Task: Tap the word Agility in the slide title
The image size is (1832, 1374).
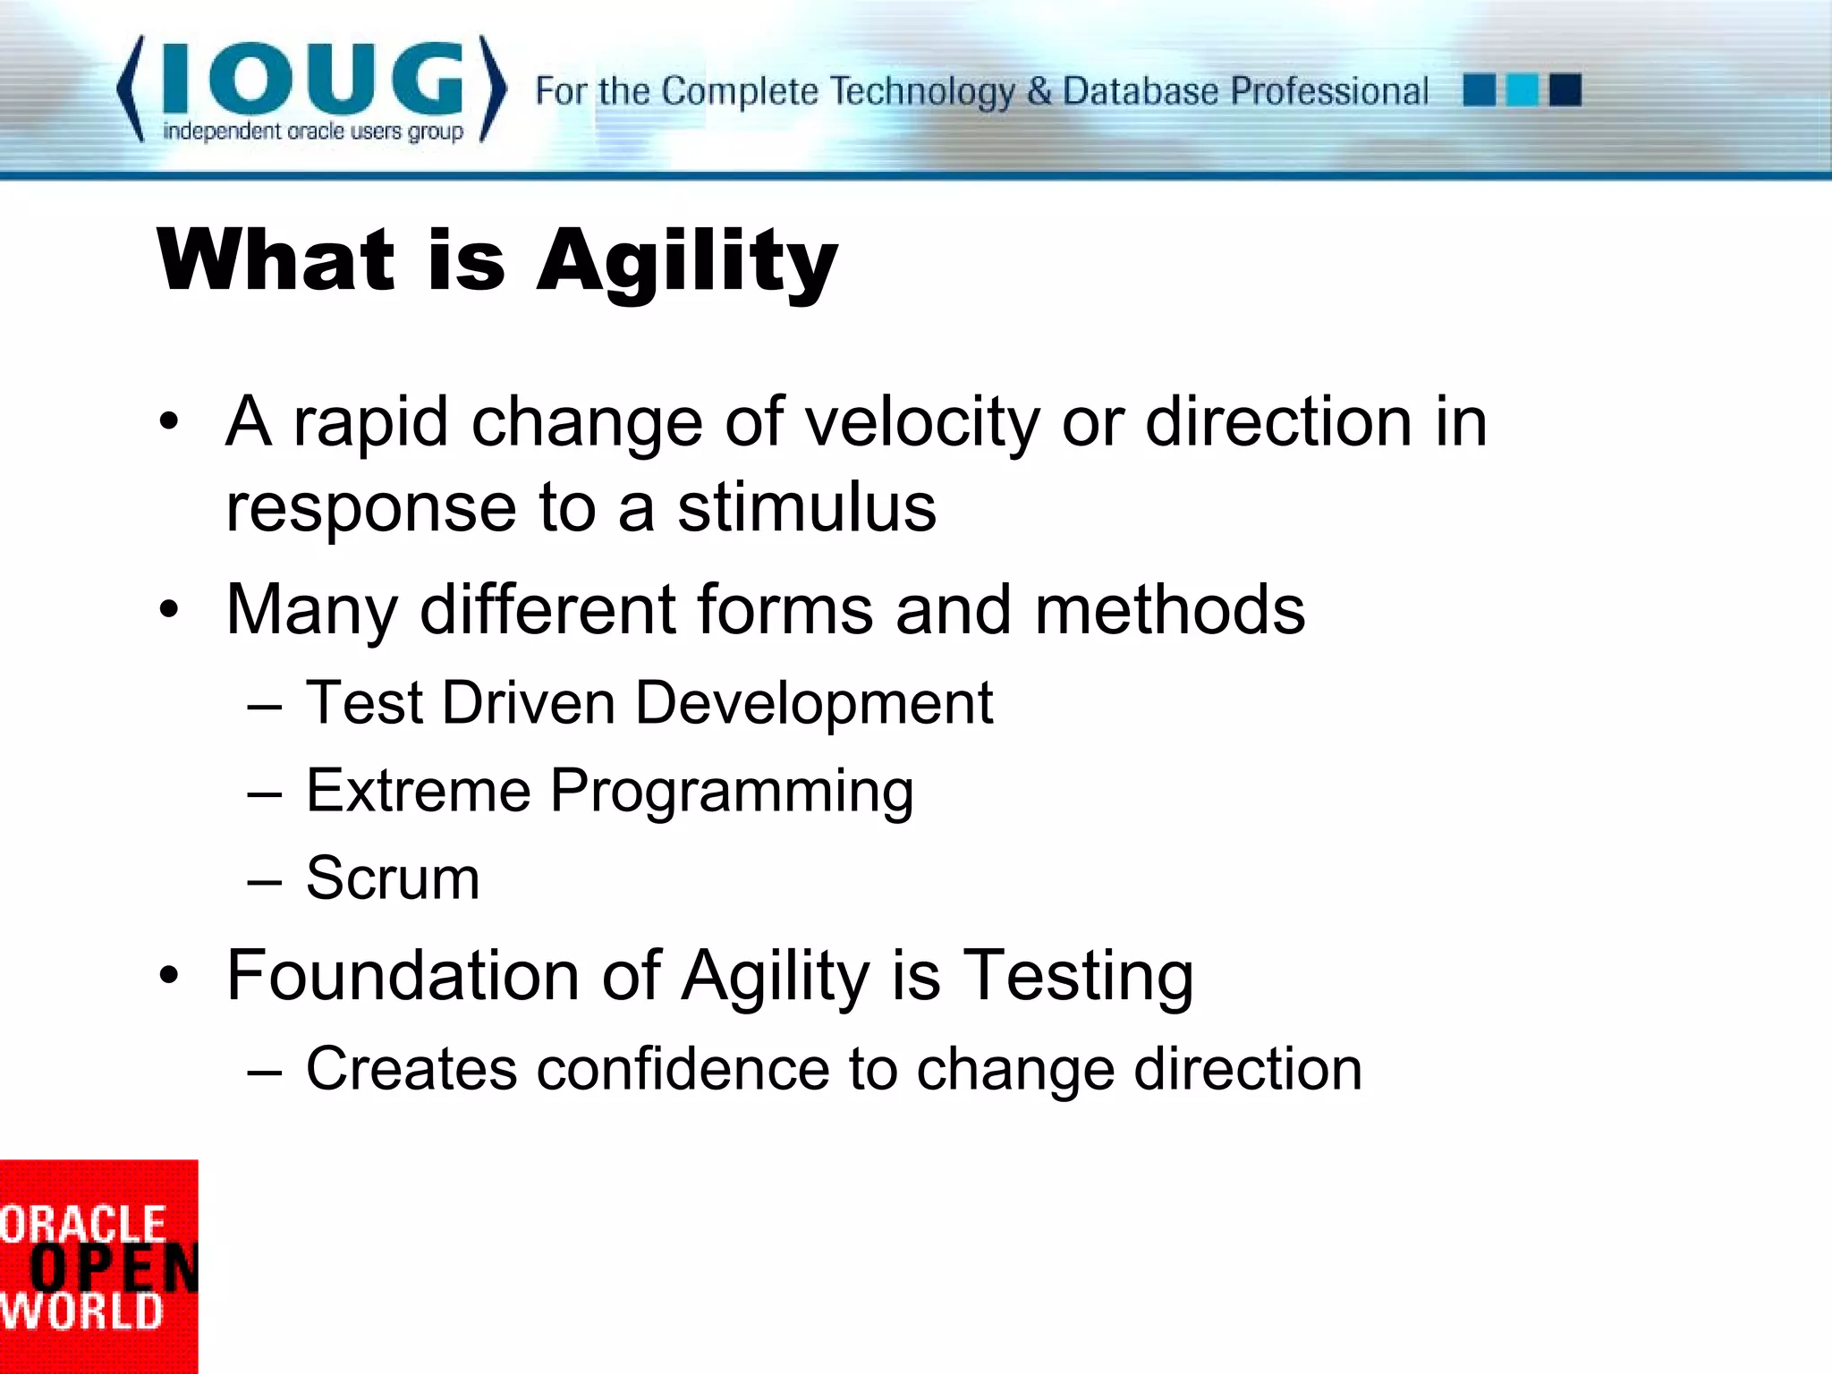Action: pos(686,263)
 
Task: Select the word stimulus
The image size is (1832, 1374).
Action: pos(806,507)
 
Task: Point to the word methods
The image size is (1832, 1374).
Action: pos(1169,610)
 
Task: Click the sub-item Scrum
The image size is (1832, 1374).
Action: pos(393,878)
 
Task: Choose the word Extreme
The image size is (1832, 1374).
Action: pos(418,791)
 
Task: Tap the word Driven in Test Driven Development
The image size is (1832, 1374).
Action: pos(528,703)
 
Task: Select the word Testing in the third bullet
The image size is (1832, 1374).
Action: pos(1078,975)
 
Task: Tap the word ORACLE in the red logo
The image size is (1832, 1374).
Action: pos(82,1225)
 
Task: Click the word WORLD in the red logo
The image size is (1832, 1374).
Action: pos(81,1311)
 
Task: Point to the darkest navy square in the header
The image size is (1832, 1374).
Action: pos(1565,90)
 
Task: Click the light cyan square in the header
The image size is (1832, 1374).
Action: pos(1522,90)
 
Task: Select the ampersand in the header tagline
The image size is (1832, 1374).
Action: pos(1038,90)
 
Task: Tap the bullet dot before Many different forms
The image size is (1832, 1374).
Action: pos(169,611)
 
